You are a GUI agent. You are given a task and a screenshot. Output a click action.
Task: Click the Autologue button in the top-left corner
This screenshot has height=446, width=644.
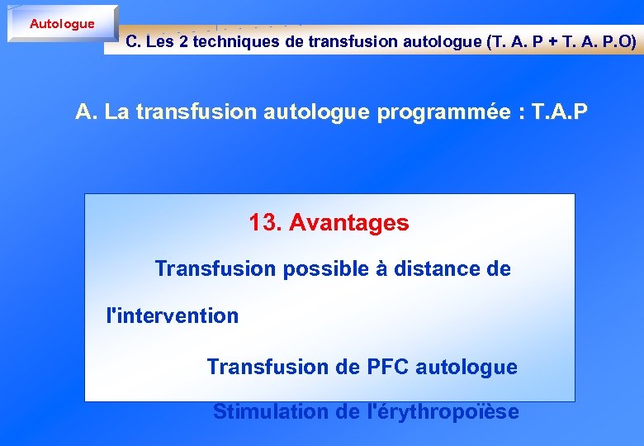tap(62, 24)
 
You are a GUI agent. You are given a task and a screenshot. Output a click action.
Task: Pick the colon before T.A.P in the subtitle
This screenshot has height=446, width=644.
tap(520, 112)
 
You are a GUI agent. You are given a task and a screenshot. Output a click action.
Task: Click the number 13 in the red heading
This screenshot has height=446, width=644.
tap(264, 222)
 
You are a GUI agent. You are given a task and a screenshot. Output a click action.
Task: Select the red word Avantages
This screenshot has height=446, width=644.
tap(348, 222)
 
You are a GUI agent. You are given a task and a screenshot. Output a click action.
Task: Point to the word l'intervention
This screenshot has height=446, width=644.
tap(173, 316)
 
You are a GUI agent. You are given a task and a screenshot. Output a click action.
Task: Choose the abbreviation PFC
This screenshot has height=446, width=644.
tap(387, 367)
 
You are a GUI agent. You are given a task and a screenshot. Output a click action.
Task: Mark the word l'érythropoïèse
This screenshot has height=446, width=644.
tap(443, 411)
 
